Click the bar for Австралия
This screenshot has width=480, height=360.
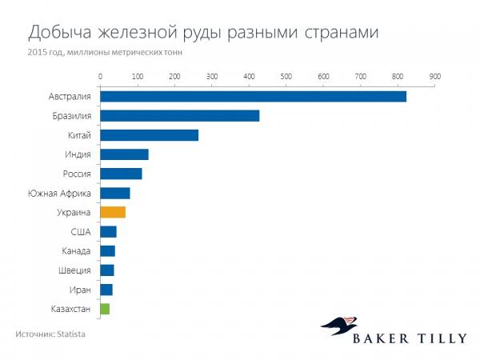point(253,97)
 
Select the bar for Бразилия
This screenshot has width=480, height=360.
point(180,116)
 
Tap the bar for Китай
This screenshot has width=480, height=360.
point(149,135)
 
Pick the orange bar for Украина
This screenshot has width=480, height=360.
point(113,212)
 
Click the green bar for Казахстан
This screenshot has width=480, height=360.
point(105,309)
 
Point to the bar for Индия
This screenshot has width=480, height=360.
point(124,154)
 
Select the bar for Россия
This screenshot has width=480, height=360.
point(121,174)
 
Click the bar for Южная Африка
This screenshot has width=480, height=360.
point(115,193)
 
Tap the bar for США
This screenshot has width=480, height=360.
point(108,232)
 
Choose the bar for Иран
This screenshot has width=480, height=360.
point(106,290)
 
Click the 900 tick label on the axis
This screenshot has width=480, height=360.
point(434,77)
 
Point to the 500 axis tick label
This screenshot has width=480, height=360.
point(286,77)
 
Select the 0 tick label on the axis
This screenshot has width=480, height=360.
point(101,77)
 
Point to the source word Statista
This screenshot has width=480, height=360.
point(70,333)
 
